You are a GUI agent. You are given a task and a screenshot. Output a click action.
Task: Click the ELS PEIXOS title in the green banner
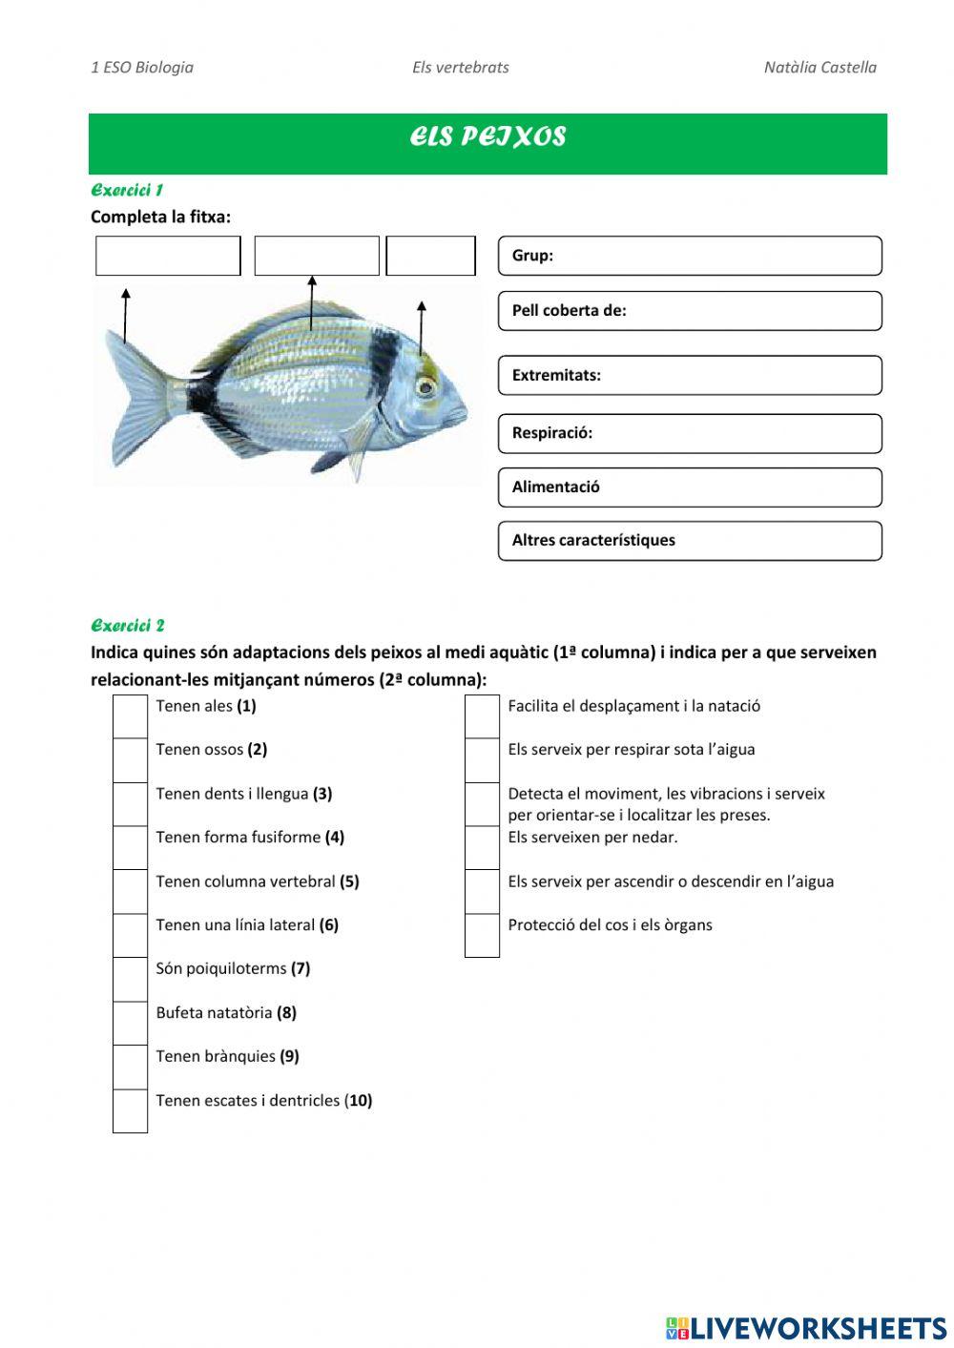coord(487,137)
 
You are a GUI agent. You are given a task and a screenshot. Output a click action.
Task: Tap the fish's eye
coord(425,386)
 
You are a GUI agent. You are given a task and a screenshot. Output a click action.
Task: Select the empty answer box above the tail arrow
coord(168,256)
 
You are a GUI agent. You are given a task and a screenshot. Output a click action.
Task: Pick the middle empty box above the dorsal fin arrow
coord(317,256)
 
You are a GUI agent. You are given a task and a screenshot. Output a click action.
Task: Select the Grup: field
coord(690,256)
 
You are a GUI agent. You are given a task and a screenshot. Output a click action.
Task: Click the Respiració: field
coord(690,433)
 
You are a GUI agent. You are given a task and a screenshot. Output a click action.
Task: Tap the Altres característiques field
coord(690,541)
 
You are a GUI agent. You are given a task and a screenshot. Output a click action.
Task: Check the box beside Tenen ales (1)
coord(130,715)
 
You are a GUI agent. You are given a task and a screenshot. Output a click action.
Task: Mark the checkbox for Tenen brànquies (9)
coord(130,1067)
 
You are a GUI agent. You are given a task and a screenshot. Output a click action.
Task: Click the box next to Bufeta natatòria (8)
coord(130,1023)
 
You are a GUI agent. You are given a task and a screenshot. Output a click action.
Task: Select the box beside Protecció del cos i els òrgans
coord(482,935)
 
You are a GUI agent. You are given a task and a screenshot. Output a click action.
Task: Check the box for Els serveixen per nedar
coord(482,847)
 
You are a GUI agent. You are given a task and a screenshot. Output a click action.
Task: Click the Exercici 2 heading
coord(128,626)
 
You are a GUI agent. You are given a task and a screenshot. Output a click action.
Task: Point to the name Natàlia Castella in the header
coord(819,68)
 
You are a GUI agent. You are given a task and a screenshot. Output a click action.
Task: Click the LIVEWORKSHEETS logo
coord(806,1327)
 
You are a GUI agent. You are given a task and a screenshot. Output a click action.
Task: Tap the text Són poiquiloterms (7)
coord(233,968)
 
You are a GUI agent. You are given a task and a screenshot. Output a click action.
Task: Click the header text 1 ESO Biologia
coord(142,68)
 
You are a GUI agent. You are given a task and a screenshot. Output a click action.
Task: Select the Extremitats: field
coord(690,376)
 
